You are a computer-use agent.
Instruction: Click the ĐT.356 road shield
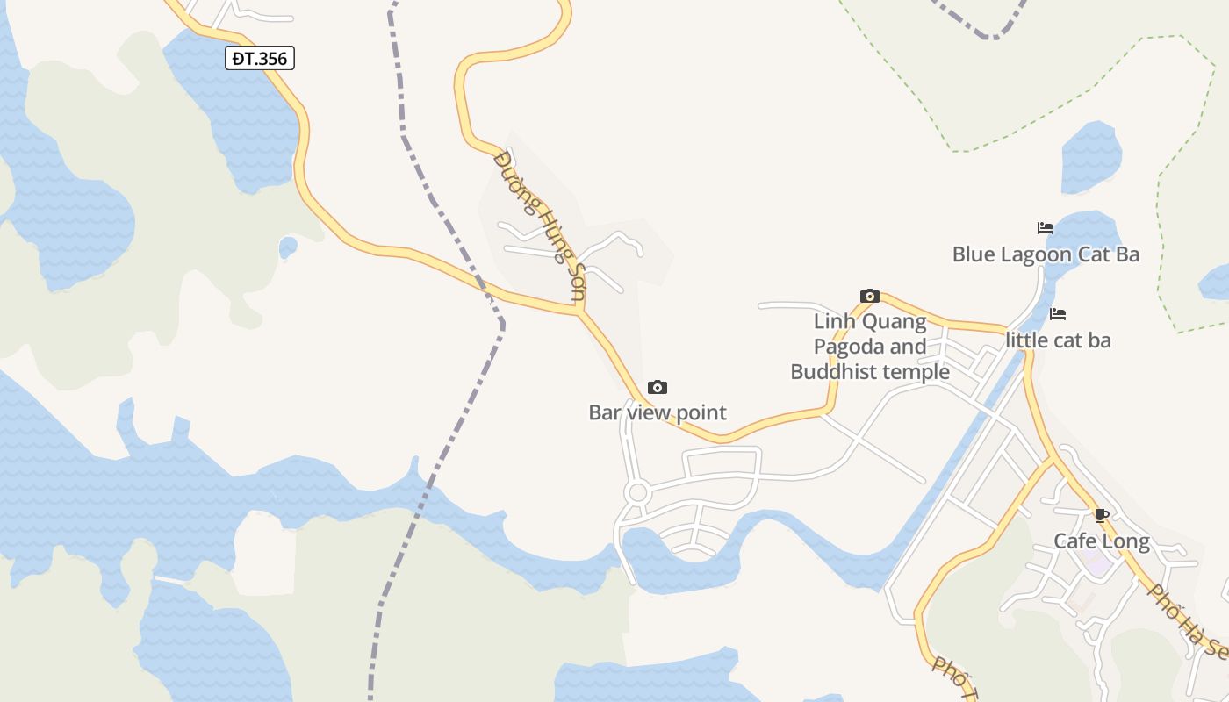tap(260, 59)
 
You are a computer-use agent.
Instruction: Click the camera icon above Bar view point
tap(657, 387)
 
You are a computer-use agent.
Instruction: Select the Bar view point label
tap(658, 412)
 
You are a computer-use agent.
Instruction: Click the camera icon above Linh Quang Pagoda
tap(870, 296)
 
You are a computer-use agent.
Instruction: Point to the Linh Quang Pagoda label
tap(870, 347)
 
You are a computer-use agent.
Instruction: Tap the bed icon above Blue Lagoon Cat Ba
tap(1045, 228)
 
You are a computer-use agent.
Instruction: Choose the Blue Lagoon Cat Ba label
tap(1046, 254)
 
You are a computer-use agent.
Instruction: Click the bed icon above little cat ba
tap(1058, 314)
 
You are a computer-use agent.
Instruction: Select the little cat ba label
tap(1058, 340)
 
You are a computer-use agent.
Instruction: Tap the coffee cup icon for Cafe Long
tap(1102, 515)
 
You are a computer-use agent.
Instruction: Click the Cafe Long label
tap(1102, 541)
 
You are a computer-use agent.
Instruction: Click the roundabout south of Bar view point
tap(638, 492)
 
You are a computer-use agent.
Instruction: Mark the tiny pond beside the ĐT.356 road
tap(288, 247)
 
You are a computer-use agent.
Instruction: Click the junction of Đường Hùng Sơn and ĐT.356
tap(579, 312)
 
